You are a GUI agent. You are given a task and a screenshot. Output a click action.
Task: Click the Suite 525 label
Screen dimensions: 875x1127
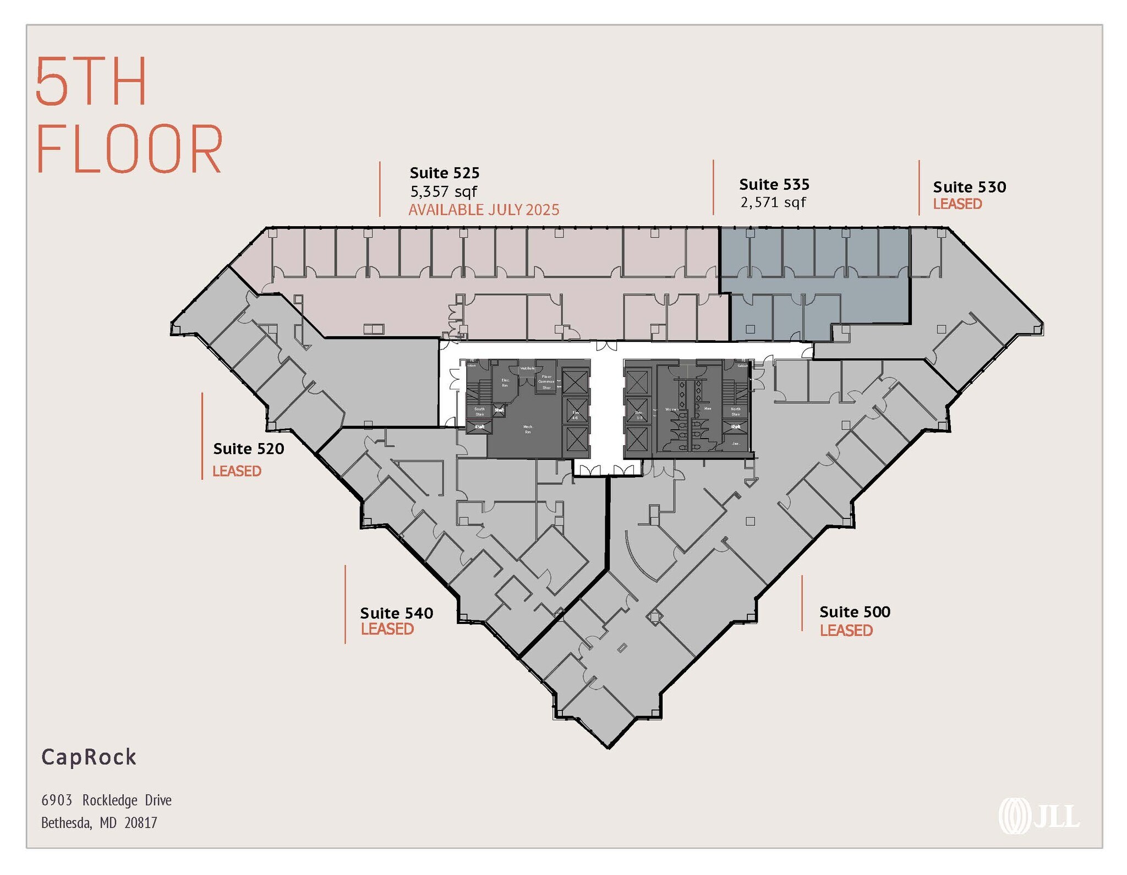pyautogui.click(x=444, y=173)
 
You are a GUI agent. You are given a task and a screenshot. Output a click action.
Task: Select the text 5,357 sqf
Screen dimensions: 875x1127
pyautogui.click(x=444, y=192)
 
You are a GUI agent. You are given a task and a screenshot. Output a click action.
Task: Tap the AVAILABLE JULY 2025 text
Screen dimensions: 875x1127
pyautogui.click(x=484, y=210)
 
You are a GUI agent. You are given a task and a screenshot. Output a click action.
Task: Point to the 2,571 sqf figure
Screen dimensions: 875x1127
pyautogui.click(x=773, y=203)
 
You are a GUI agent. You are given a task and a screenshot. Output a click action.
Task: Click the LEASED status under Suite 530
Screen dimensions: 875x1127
pyautogui.click(x=957, y=204)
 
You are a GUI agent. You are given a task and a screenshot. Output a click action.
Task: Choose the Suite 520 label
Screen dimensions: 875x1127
pyautogui.click(x=249, y=449)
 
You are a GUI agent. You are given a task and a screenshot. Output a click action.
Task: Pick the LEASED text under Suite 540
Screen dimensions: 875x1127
pyautogui.click(x=387, y=629)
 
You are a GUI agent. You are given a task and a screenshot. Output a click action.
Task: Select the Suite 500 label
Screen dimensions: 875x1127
pyautogui.click(x=855, y=612)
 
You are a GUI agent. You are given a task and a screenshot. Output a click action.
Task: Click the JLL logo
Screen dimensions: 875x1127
pyautogui.click(x=1039, y=816)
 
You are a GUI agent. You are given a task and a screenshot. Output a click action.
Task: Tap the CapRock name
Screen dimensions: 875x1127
pyautogui.click(x=89, y=757)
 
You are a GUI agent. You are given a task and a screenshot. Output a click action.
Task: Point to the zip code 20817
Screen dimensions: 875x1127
pyautogui.click(x=141, y=823)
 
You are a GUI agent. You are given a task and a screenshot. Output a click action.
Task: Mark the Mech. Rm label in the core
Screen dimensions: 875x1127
pyautogui.click(x=528, y=429)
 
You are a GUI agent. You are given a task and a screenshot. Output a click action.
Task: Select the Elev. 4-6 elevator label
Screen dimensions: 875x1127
pyautogui.click(x=576, y=415)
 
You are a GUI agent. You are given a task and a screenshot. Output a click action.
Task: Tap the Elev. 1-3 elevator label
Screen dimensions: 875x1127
pyautogui.click(x=639, y=415)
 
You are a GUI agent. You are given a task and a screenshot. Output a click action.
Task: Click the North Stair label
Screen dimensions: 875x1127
pyautogui.click(x=736, y=411)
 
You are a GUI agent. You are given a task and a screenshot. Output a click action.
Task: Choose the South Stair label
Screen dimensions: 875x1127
pyautogui.click(x=479, y=411)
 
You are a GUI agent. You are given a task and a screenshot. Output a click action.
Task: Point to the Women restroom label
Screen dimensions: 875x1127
pyautogui.click(x=672, y=409)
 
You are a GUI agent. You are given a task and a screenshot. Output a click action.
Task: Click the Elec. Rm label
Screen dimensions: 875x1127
pyautogui.click(x=505, y=382)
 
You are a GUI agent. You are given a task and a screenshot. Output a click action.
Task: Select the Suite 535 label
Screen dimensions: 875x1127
pyautogui.click(x=774, y=184)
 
